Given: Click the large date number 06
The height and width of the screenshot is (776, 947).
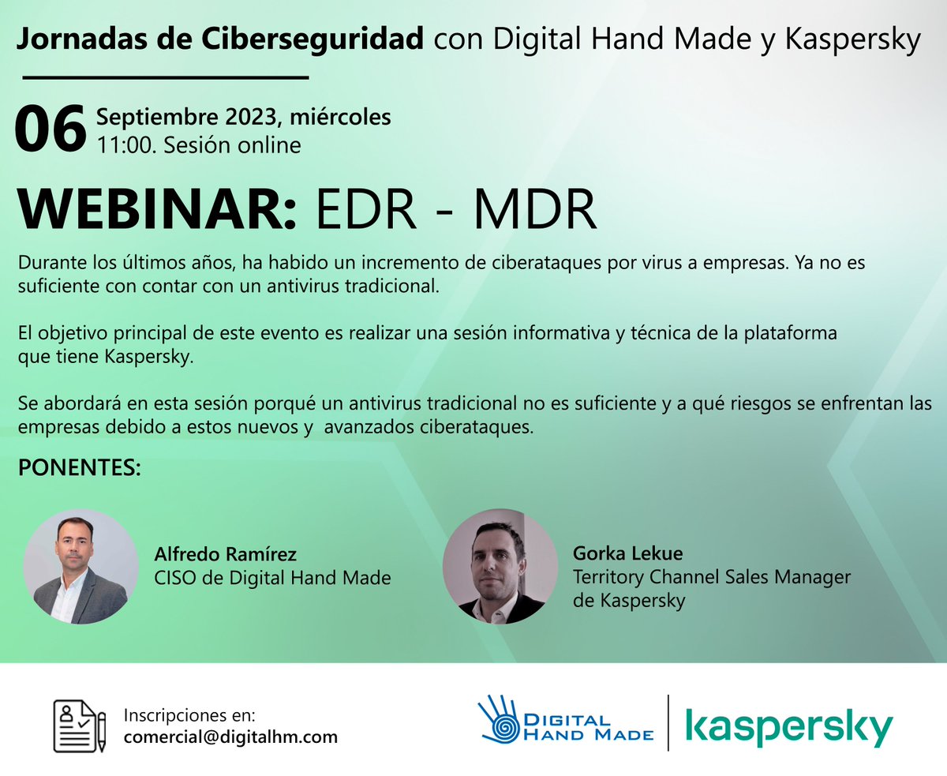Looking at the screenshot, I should pos(50,129).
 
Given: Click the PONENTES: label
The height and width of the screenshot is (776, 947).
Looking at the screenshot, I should pos(79,468).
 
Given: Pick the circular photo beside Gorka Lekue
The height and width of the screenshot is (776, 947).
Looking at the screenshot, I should pos(500,567).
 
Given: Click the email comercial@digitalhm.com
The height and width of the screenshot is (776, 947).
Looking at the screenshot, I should pos(230,737).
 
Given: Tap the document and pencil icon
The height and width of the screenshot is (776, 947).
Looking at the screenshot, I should pos(80,725).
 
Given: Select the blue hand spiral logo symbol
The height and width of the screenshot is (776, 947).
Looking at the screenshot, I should pos(499,719).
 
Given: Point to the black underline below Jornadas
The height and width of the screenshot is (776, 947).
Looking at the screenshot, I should pos(165,77).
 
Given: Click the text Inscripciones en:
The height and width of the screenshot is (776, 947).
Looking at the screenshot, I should pos(189,715).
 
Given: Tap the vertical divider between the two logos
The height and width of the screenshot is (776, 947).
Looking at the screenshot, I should pos(668,722).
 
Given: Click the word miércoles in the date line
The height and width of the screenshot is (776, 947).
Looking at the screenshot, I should pos(341,118).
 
